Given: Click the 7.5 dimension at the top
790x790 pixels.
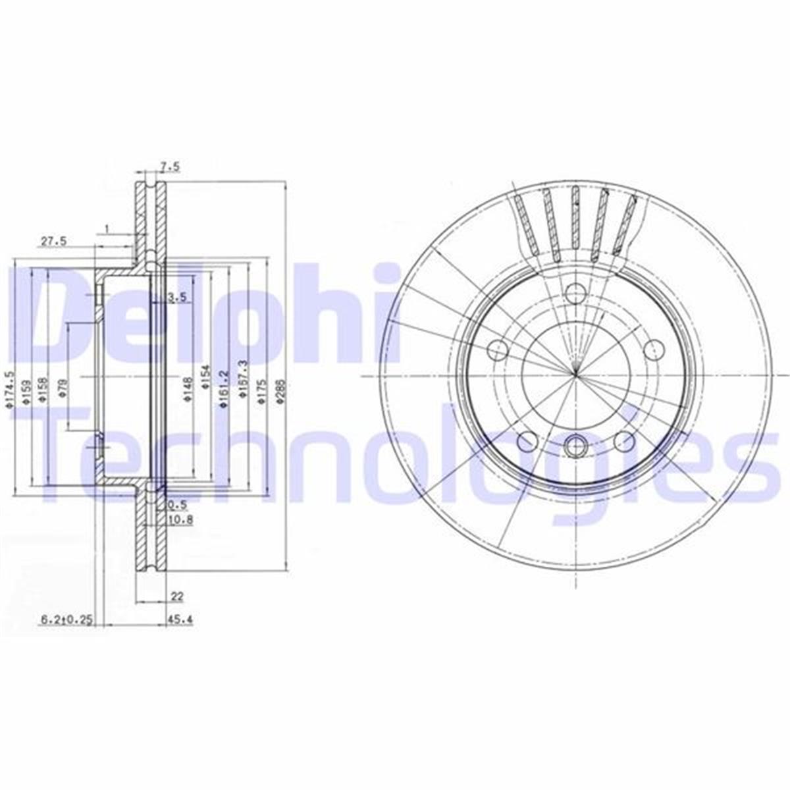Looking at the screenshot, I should click(170, 168).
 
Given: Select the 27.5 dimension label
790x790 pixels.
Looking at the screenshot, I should click(54, 241).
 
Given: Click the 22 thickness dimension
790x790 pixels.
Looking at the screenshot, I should click(176, 596).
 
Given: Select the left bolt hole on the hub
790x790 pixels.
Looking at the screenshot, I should click(499, 348).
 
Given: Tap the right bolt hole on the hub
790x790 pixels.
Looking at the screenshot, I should click(652, 348).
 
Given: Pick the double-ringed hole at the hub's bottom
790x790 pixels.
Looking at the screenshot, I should click(576, 446).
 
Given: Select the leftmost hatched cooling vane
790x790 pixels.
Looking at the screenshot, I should click(527, 224).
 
